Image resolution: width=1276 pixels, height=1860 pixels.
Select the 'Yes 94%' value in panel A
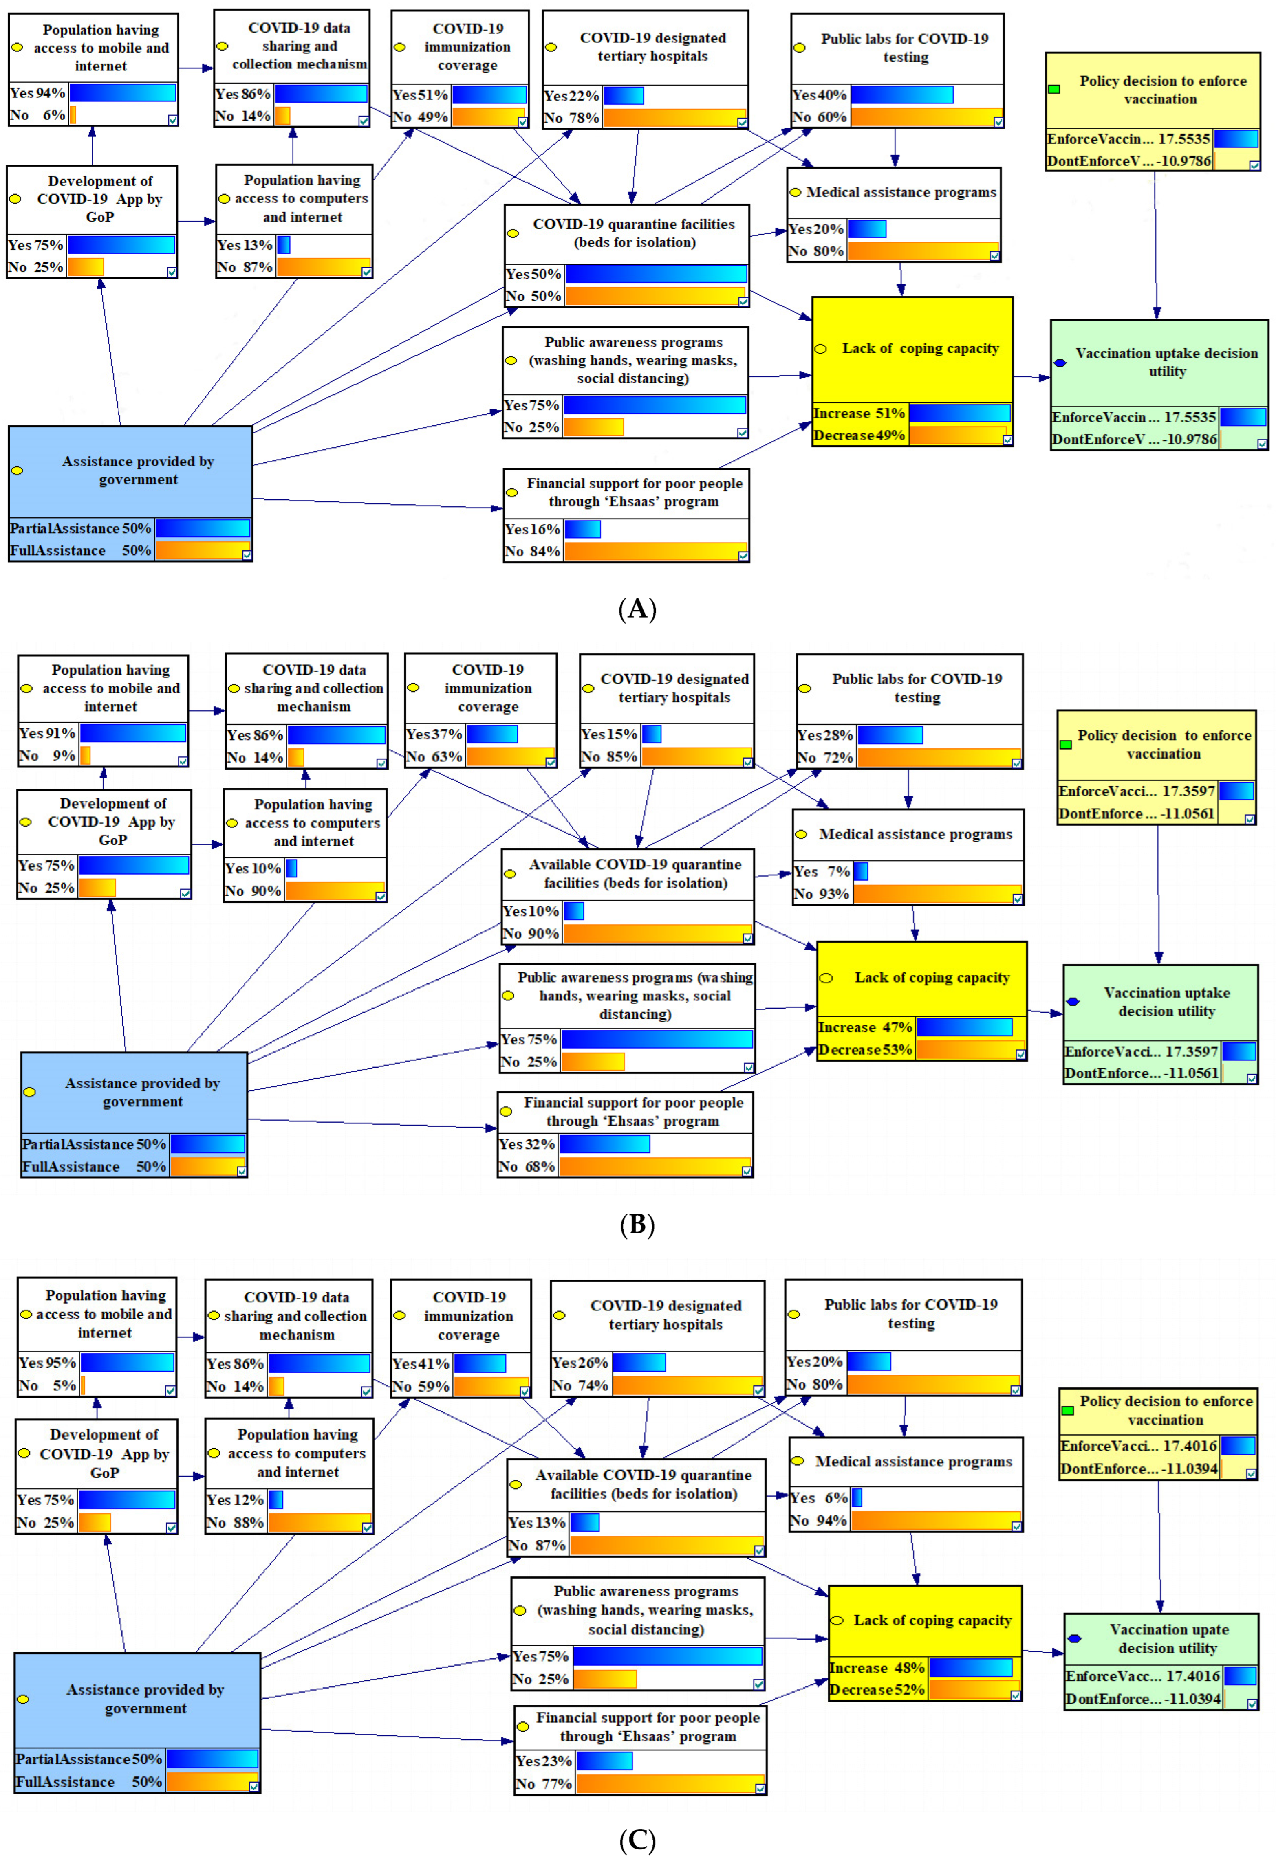coord(37,93)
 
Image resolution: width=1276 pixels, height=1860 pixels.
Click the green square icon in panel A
coord(1054,89)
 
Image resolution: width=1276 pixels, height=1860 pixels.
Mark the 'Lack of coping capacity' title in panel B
coord(932,977)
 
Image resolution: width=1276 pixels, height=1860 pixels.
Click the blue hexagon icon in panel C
coord(1074,1638)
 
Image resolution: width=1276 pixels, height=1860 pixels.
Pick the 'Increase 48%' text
coord(877,1668)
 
